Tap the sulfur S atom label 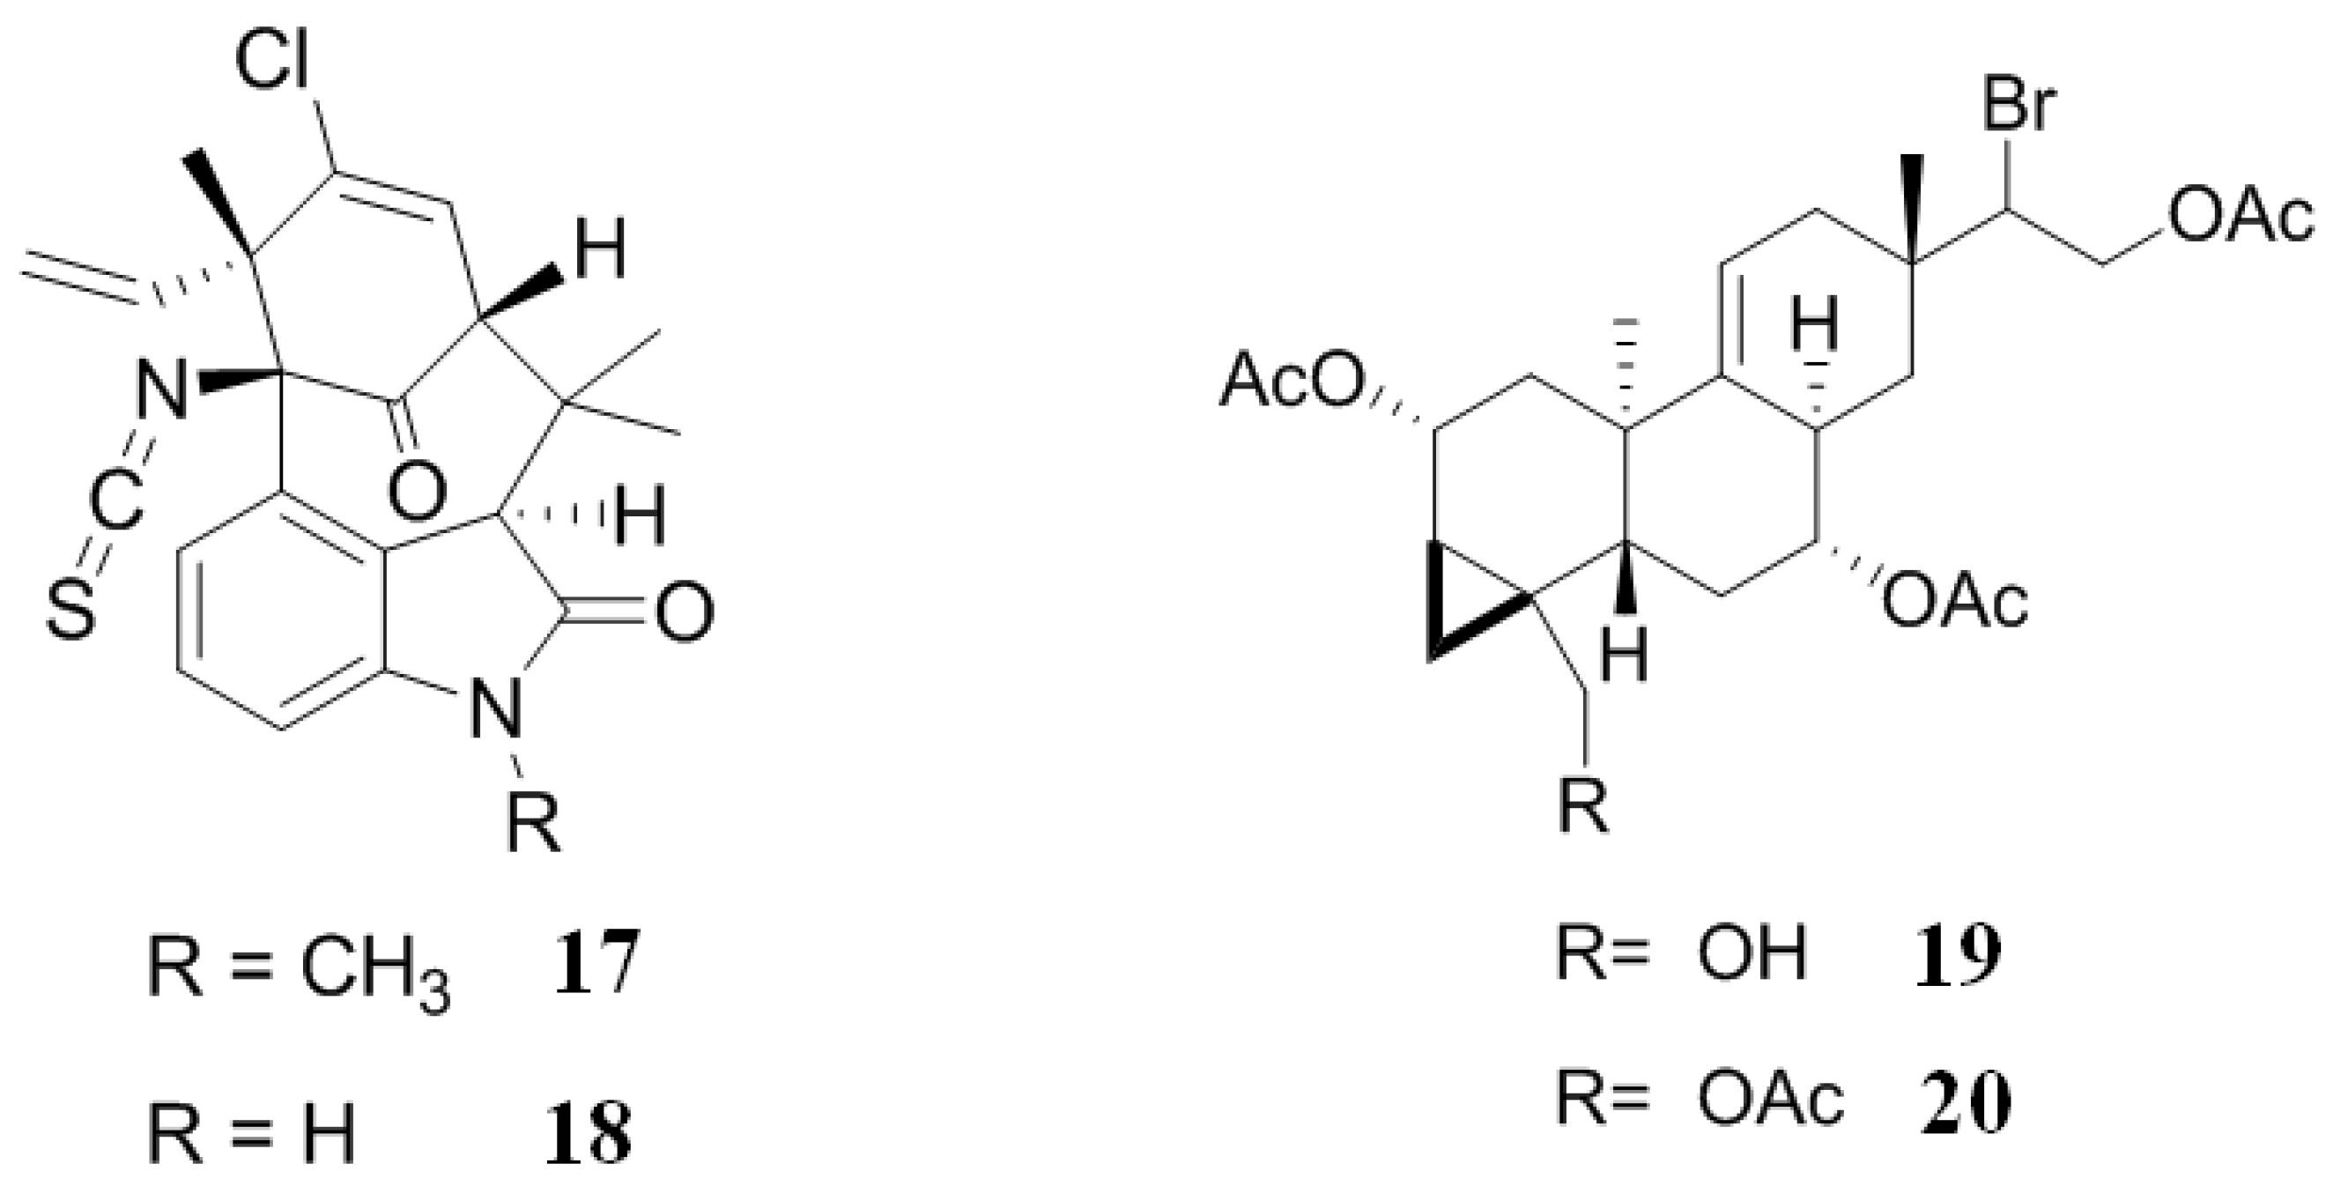[x=70, y=612]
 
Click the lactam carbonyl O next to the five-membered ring [x=684, y=613]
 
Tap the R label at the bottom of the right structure [x=1583, y=804]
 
